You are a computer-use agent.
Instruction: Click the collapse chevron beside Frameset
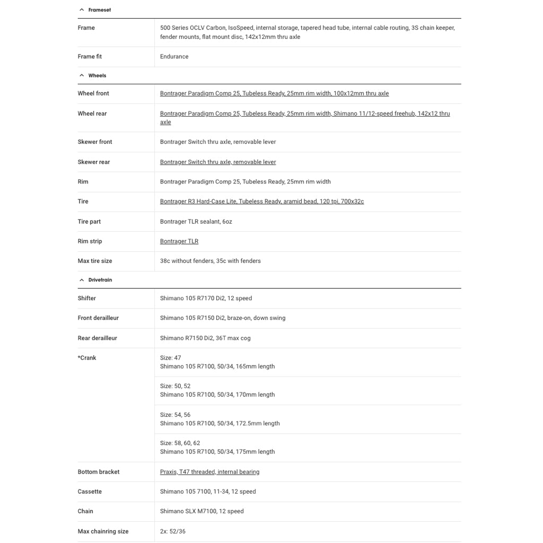pyautogui.click(x=82, y=10)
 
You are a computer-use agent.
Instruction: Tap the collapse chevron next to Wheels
pyautogui.click(x=82, y=76)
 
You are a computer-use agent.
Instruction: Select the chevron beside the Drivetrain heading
pyautogui.click(x=82, y=280)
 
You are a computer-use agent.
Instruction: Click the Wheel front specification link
pyautogui.click(x=274, y=93)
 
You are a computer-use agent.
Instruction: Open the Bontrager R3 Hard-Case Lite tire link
pyautogui.click(x=262, y=202)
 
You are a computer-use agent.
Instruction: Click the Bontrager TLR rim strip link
pyautogui.click(x=179, y=241)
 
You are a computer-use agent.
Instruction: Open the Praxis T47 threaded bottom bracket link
pyautogui.click(x=209, y=472)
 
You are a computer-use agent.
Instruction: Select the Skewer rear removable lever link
pyautogui.click(x=218, y=162)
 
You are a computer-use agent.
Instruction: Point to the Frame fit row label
pyautogui.click(x=90, y=57)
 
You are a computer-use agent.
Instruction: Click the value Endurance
pyautogui.click(x=174, y=57)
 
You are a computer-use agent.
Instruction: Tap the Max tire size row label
pyautogui.click(x=95, y=261)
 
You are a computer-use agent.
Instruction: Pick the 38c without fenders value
pyautogui.click(x=211, y=261)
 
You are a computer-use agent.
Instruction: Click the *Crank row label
pyautogui.click(x=87, y=358)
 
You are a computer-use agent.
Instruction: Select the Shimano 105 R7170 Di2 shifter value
pyautogui.click(x=206, y=299)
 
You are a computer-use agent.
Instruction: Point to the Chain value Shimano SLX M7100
pyautogui.click(x=202, y=511)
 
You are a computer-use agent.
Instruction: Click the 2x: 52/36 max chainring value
pyautogui.click(x=173, y=531)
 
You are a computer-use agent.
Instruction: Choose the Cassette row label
pyautogui.click(x=90, y=492)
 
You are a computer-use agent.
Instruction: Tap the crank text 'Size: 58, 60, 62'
pyautogui.click(x=180, y=443)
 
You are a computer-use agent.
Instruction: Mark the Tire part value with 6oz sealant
pyautogui.click(x=196, y=222)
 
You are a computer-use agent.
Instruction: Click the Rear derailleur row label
pyautogui.click(x=98, y=338)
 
